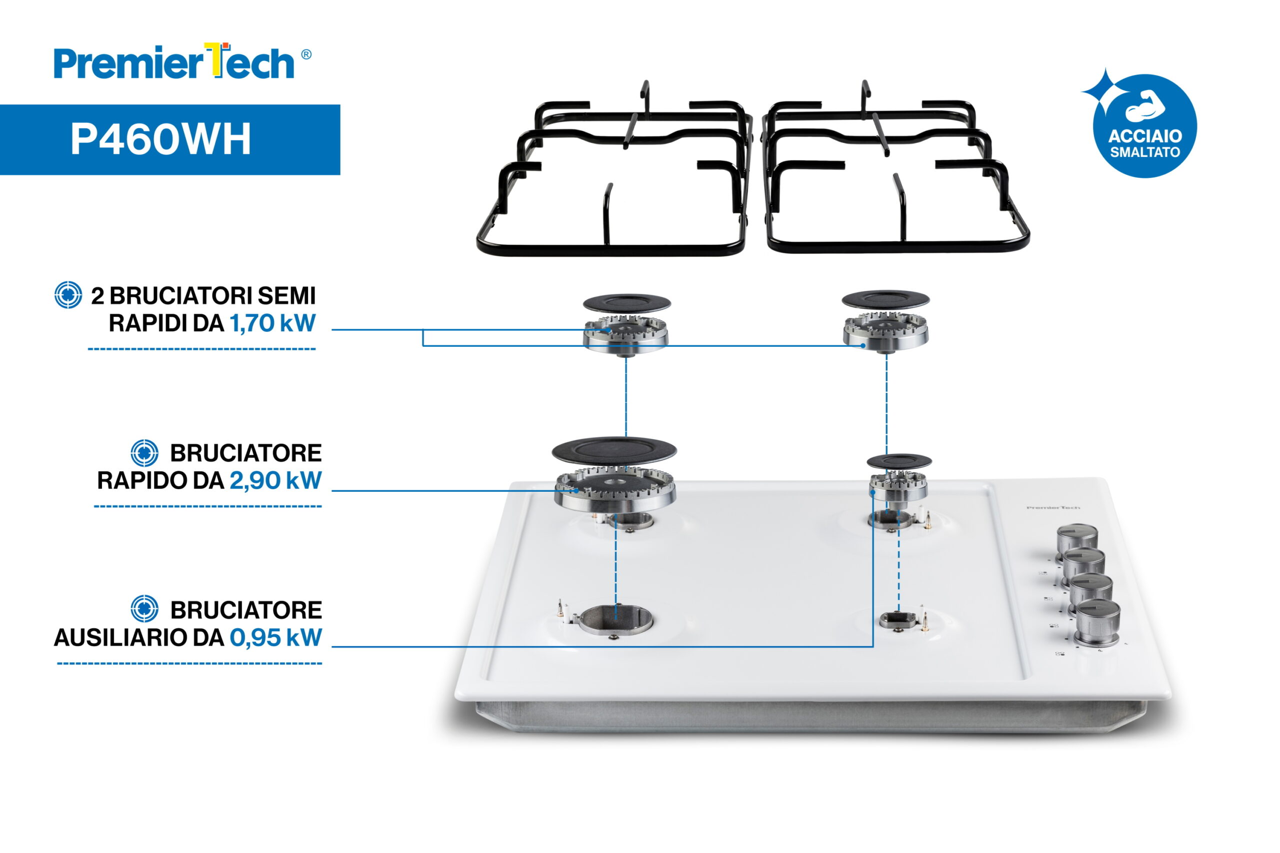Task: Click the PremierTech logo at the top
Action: tap(182, 61)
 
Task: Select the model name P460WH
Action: tap(161, 139)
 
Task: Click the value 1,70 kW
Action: tap(272, 323)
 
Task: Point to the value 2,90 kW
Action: tap(275, 480)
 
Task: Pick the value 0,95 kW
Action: tap(276, 638)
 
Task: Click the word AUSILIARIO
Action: tap(139, 638)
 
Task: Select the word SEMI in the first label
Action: tap(286, 296)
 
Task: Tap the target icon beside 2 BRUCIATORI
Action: tap(68, 295)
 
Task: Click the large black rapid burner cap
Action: tap(614, 451)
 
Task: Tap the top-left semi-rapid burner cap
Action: tap(627, 303)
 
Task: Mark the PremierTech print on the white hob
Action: tap(1053, 508)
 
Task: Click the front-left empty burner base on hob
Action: tap(615, 619)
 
